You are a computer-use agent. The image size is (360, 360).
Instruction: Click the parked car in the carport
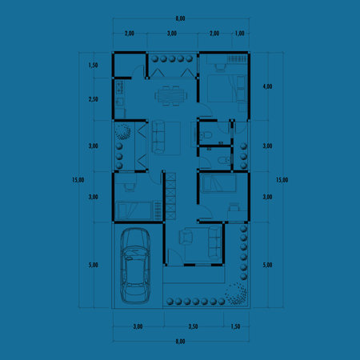pyautogui.click(x=135, y=266)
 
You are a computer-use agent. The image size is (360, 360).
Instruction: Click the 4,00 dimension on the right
pyautogui.click(x=268, y=86)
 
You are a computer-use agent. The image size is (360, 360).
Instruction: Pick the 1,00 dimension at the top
pyautogui.click(x=241, y=34)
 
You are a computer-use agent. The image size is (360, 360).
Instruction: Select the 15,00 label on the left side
pyautogui.click(x=78, y=180)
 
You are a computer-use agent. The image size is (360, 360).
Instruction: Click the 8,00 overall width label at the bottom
pyautogui.click(x=180, y=342)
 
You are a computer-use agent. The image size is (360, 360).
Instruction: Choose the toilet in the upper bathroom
pyautogui.click(x=206, y=138)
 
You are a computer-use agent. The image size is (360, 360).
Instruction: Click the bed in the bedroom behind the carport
pyautogui.click(x=133, y=210)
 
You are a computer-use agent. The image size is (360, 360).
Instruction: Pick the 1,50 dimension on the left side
pyautogui.click(x=93, y=66)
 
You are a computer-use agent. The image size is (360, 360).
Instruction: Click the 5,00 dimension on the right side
pyautogui.click(x=268, y=265)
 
